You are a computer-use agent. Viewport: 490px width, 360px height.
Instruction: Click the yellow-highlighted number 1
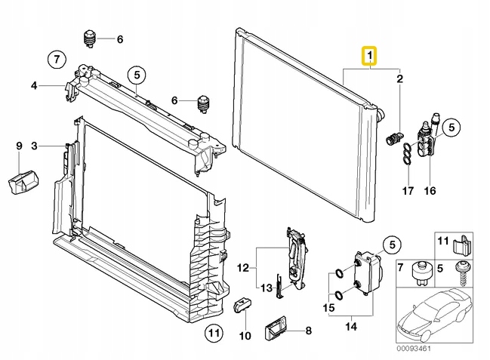point(369,56)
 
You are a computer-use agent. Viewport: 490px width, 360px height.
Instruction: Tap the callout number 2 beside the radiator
point(400,78)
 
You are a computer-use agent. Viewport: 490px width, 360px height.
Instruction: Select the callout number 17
point(407,191)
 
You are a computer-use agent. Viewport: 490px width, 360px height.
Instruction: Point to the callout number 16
point(430,191)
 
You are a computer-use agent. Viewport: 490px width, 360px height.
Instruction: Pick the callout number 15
point(328,307)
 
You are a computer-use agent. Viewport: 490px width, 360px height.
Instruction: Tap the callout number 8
point(308,330)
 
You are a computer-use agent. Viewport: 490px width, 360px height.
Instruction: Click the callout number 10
point(244,335)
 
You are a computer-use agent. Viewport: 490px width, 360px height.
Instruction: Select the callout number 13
point(266,287)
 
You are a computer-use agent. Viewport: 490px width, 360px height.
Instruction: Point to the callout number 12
point(242,267)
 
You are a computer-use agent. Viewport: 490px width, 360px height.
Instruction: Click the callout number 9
point(20,144)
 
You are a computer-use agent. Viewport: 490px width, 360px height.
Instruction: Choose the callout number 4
point(34,85)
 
